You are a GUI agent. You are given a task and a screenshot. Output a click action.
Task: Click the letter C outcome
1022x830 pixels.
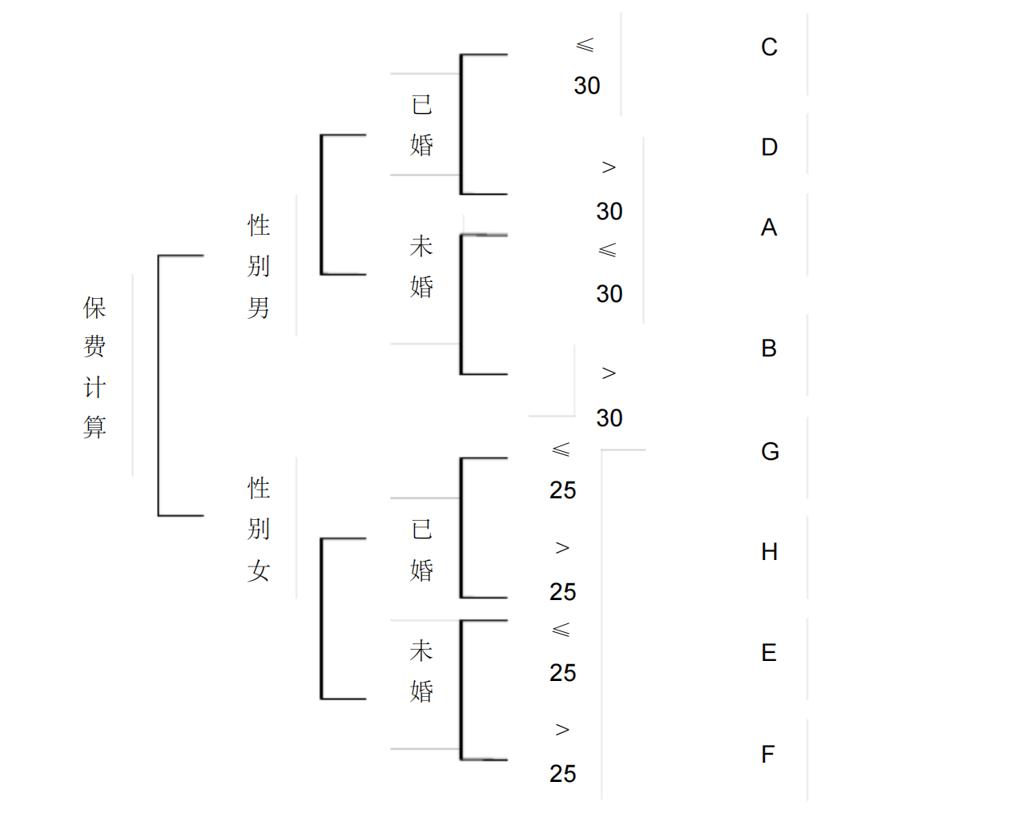tap(769, 47)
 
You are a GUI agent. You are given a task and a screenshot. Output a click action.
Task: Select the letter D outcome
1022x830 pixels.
tap(769, 147)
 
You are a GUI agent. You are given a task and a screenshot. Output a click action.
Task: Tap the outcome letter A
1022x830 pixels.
tap(769, 228)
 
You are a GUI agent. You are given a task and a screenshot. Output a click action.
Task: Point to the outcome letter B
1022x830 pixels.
tap(769, 349)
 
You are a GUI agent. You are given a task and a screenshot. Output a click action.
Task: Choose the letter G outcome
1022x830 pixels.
tap(770, 452)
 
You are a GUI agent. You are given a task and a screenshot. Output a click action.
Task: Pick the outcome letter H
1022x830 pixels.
tap(769, 552)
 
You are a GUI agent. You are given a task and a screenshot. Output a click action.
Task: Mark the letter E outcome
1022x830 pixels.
tap(769, 653)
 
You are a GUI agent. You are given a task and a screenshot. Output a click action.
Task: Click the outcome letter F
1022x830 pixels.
tap(768, 755)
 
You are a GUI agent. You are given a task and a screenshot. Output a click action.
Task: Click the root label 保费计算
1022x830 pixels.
tap(95, 367)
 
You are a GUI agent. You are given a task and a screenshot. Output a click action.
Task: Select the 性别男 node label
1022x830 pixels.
tap(259, 266)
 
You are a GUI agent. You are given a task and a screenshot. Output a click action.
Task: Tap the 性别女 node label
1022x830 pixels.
tap(259, 529)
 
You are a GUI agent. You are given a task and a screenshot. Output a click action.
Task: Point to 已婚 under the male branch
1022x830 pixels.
tap(422, 124)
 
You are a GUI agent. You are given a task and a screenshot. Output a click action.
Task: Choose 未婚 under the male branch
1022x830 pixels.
tap(422, 266)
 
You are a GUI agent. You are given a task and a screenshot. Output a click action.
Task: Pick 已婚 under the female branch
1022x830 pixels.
tap(422, 550)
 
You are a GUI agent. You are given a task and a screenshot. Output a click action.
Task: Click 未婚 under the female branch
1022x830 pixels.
tap(422, 671)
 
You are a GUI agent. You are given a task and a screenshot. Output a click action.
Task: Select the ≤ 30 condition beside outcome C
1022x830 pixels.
tap(586, 66)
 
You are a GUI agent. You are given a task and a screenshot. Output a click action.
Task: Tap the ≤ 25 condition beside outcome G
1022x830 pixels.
tap(562, 470)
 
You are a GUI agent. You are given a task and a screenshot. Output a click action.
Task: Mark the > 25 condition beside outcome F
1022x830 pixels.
tap(562, 752)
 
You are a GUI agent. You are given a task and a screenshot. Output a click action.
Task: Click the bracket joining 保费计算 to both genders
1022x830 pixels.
tap(159, 385)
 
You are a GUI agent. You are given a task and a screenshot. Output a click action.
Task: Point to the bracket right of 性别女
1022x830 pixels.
tap(322, 618)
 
